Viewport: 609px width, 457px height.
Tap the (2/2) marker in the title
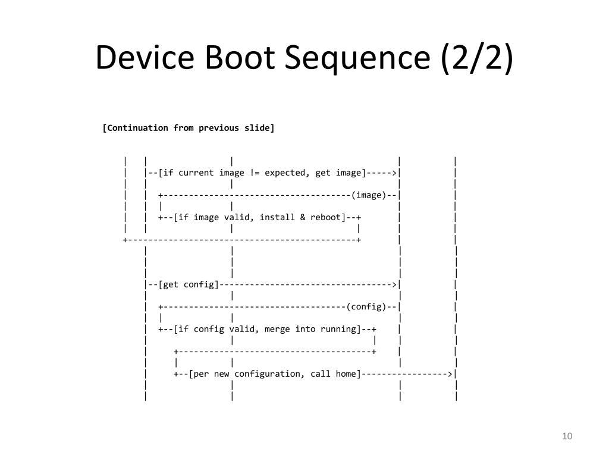(x=476, y=58)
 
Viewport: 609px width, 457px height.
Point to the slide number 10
(x=567, y=437)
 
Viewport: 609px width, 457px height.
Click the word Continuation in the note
(x=137, y=128)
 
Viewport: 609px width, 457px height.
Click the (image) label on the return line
(x=369, y=195)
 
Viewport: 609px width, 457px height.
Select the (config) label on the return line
(x=366, y=307)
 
